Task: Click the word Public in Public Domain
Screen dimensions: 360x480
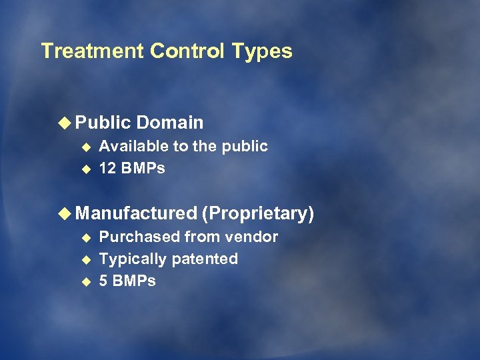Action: pos(103,123)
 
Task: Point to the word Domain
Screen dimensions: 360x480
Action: pos(170,123)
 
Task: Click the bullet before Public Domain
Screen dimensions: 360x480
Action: pos(65,123)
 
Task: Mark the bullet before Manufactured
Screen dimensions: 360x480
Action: pos(65,213)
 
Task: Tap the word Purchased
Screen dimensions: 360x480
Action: pos(139,237)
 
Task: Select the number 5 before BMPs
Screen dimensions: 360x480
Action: pos(103,281)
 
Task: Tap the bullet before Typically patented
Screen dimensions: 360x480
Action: pos(85,259)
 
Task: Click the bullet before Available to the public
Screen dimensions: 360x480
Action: pos(85,147)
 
